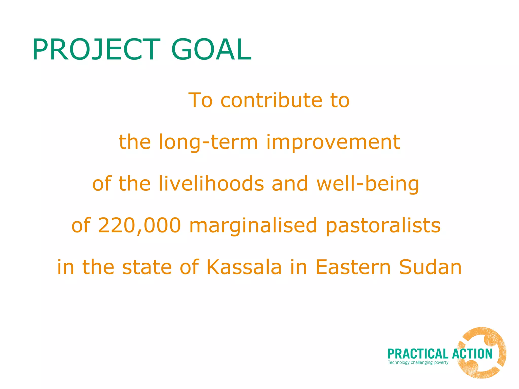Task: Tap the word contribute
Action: [271, 100]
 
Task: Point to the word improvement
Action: [333, 142]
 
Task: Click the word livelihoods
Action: [211, 184]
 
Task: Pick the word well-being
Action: [368, 184]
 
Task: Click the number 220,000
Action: [139, 225]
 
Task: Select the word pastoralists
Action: [383, 226]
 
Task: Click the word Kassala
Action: [244, 267]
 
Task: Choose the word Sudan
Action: [430, 267]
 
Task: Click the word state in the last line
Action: [147, 267]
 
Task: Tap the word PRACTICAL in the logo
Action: [418, 354]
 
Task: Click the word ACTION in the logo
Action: [472, 354]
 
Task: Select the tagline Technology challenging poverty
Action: [418, 362]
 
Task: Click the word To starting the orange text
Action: [200, 100]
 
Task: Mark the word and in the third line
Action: [290, 184]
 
